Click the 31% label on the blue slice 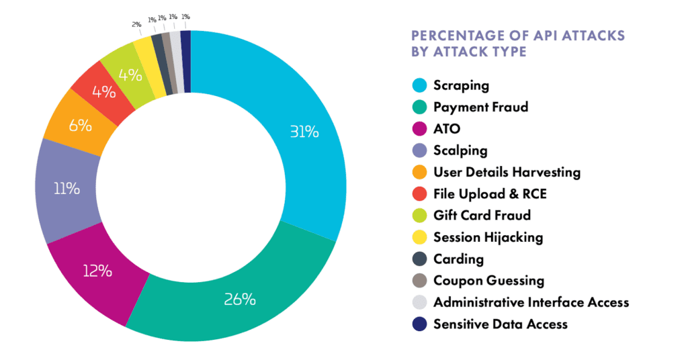tap(304, 132)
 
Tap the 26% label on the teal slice tap(241, 300)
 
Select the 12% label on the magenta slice tap(97, 272)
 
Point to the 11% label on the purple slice tap(67, 189)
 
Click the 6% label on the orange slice tap(80, 125)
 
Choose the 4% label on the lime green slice tap(128, 74)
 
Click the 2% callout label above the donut tap(137, 24)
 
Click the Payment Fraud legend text tap(480, 107)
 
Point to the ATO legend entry tap(447, 129)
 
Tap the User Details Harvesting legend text tap(507, 173)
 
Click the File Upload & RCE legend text tap(490, 194)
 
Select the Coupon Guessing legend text tap(488, 281)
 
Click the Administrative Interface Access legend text tap(531, 302)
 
